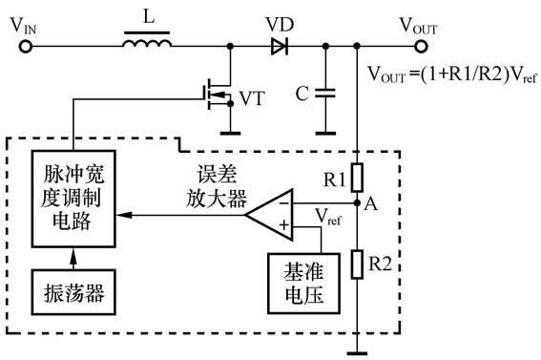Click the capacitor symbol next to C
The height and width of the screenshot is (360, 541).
click(326, 94)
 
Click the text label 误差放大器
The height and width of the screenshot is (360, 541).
click(216, 187)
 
